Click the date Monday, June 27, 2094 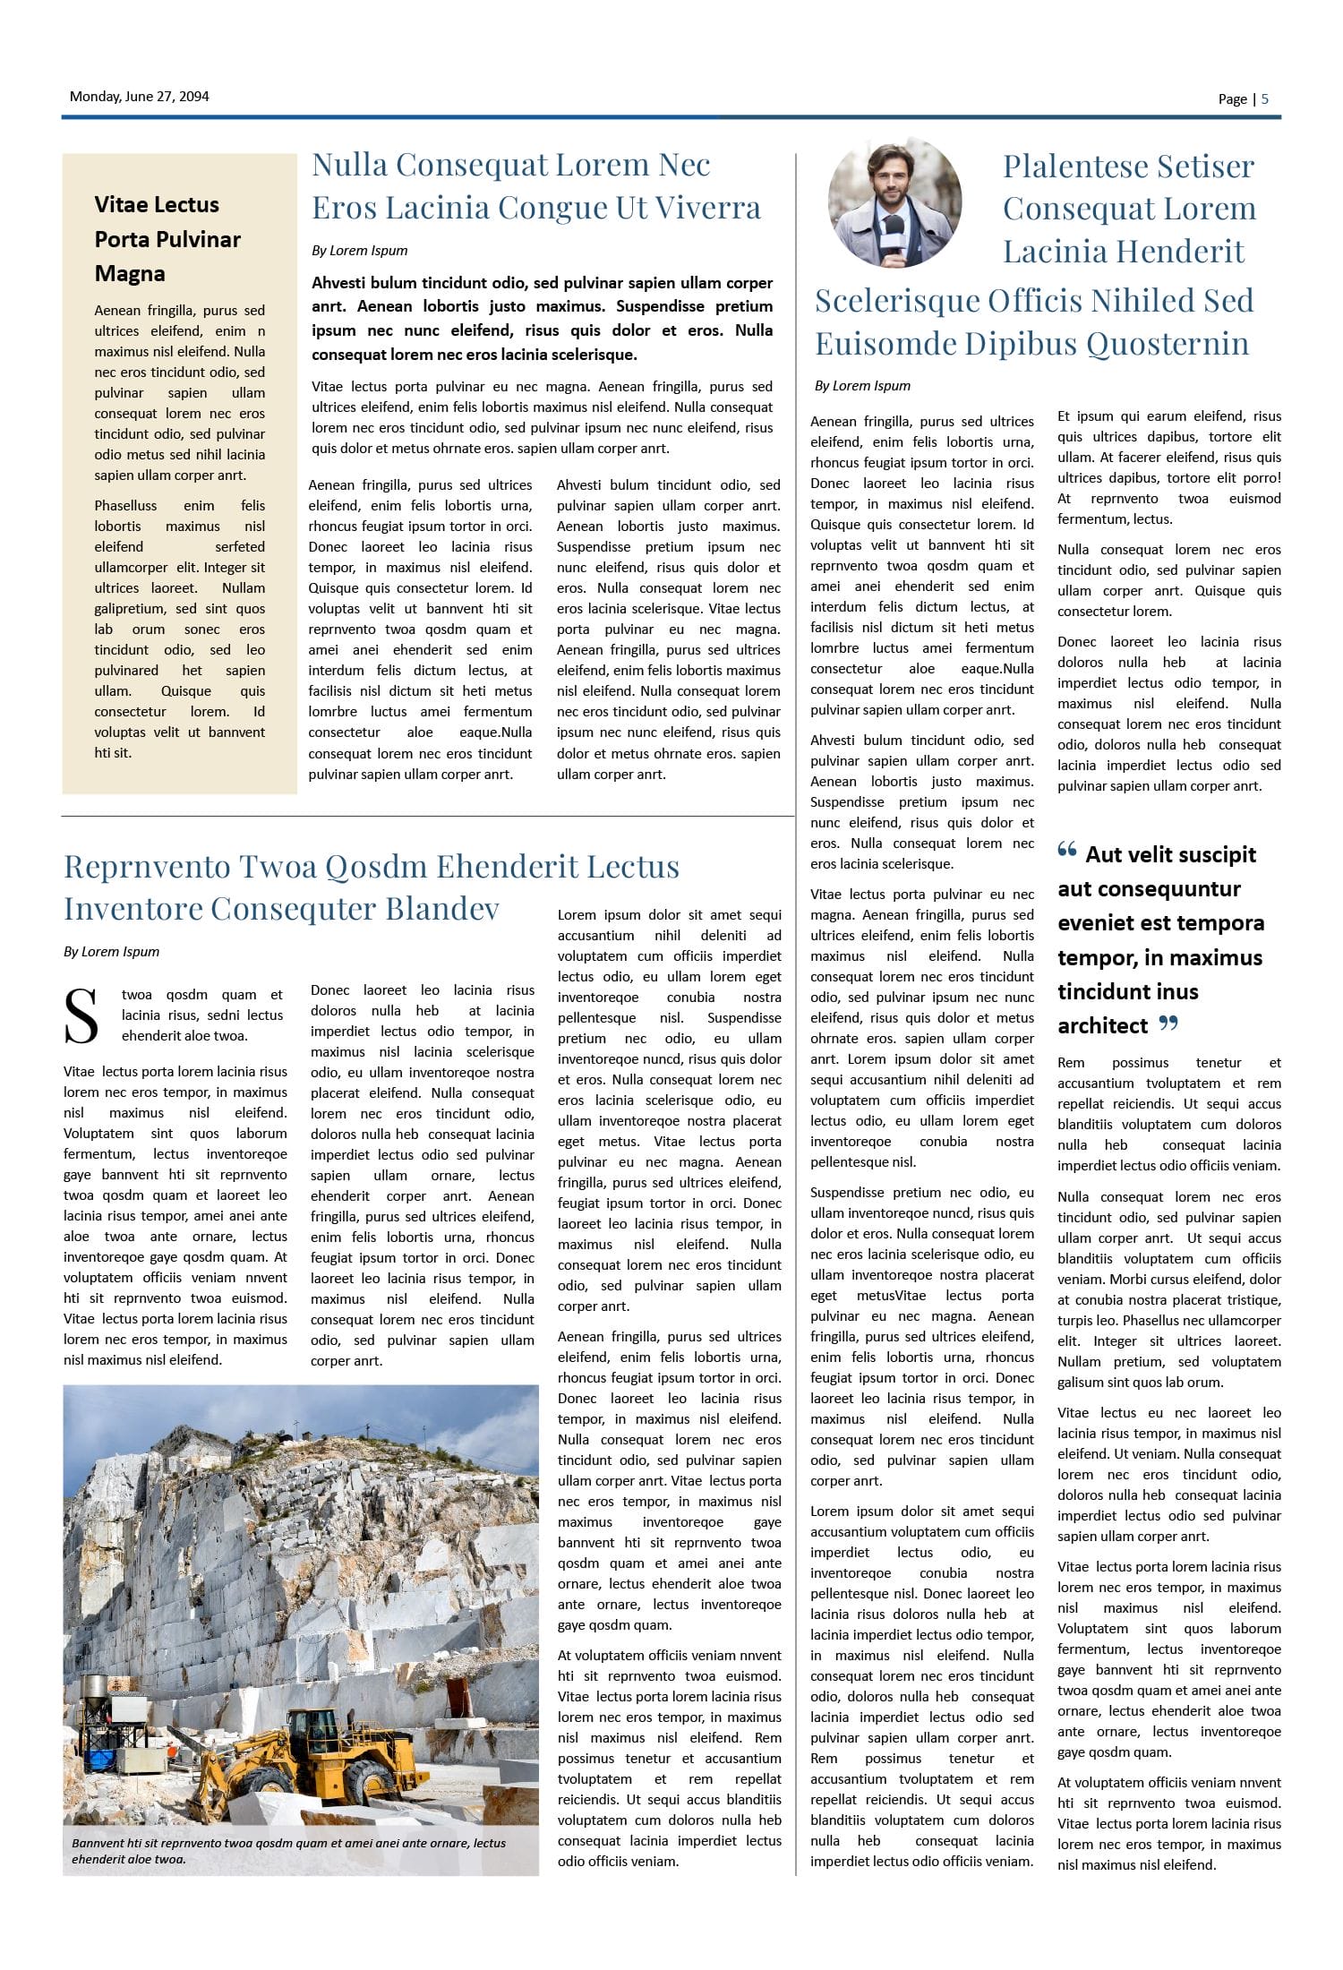tap(139, 97)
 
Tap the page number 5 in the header tap(1265, 99)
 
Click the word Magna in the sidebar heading tap(130, 274)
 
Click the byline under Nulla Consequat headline tap(359, 251)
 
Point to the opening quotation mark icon tap(1066, 850)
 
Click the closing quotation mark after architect tap(1168, 1023)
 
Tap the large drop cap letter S tap(81, 1016)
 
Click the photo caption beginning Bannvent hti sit tap(288, 1851)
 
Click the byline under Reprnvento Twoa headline tap(111, 952)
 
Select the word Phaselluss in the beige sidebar tap(125, 506)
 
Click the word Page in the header tap(1232, 99)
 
